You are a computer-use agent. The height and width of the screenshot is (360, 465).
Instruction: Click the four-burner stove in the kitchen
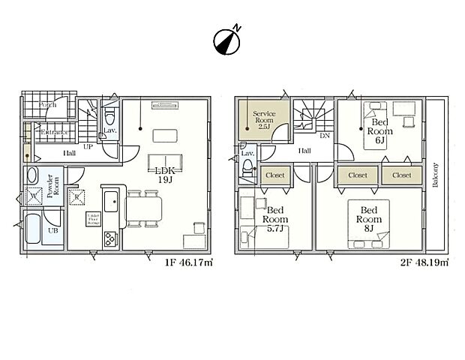109,238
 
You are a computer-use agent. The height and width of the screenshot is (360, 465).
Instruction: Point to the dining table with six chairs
143,207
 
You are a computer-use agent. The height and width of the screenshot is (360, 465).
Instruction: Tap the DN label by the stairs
325,136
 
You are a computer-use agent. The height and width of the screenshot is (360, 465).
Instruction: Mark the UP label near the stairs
88,147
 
